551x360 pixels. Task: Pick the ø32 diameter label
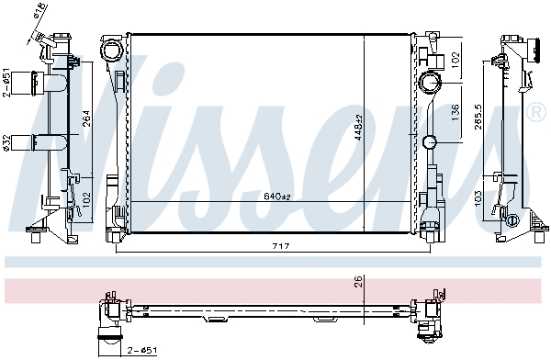point(6,142)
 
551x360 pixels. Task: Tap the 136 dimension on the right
point(456,113)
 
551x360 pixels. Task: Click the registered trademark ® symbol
point(538,112)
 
